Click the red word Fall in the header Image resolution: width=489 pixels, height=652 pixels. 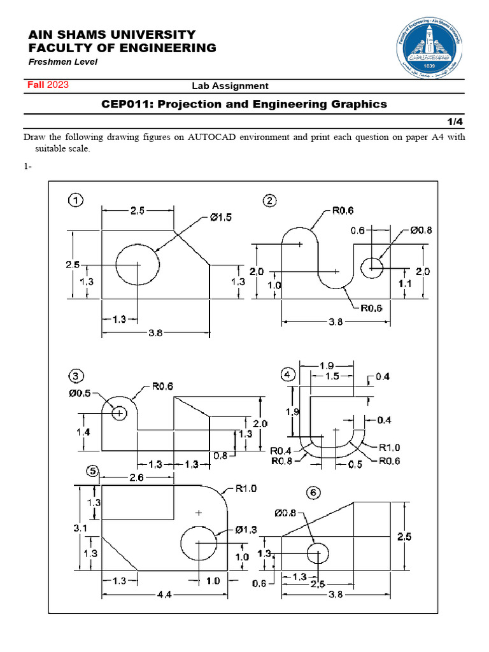(35, 85)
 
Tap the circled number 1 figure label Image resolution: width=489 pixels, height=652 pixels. (76, 201)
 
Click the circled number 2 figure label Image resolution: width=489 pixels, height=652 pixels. (271, 201)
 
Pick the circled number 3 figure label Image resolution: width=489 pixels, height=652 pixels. (76, 374)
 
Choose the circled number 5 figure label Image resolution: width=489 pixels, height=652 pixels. (93, 471)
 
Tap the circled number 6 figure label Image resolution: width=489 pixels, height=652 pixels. (311, 492)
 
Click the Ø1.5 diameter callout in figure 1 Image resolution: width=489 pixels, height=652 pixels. (220, 217)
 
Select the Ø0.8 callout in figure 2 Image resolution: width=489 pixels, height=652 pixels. (421, 230)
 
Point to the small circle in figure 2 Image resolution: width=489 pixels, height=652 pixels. (372, 269)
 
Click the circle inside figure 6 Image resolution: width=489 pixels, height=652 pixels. (318, 553)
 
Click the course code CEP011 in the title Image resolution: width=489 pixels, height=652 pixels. (126, 104)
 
